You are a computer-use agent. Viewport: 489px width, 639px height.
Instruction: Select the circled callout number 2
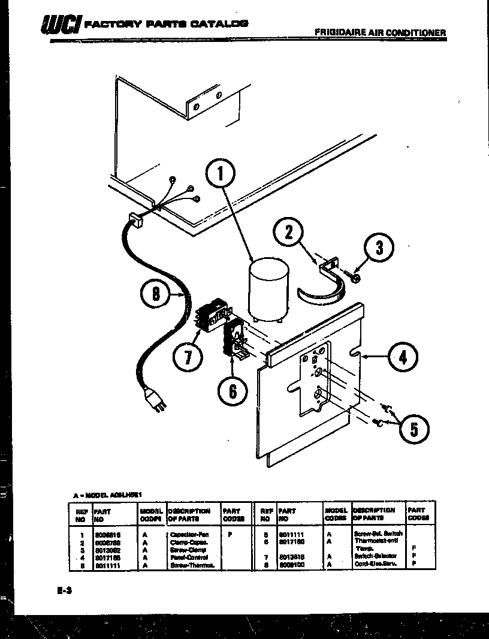point(289,233)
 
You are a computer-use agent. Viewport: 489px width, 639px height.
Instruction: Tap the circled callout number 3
point(378,248)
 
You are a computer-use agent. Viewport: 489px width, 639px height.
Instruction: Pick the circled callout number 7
point(188,358)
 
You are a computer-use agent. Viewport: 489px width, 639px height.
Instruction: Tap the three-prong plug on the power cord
point(154,400)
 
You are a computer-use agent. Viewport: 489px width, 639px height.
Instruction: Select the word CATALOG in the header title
point(219,24)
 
